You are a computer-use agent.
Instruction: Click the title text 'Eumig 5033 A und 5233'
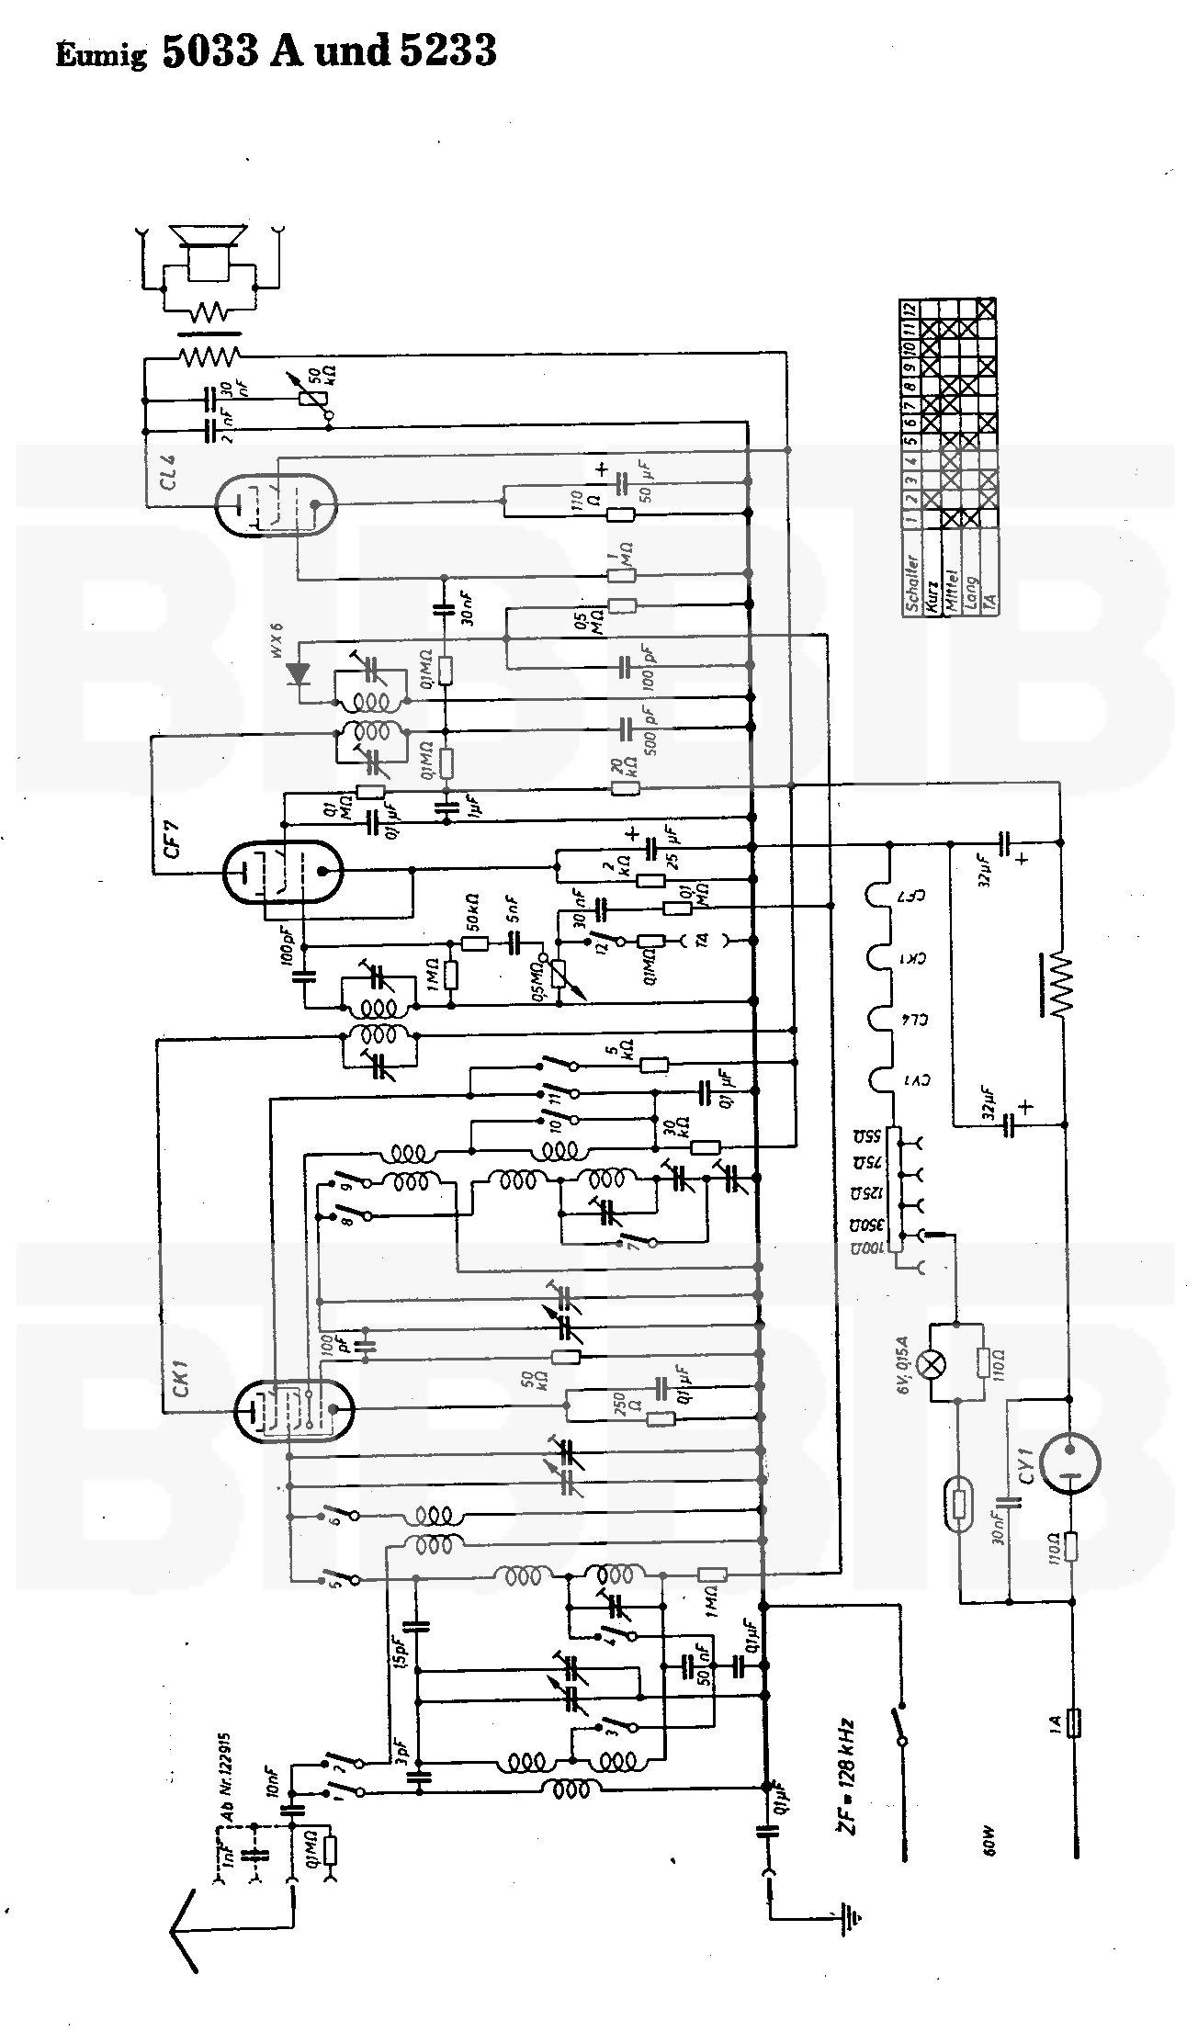(x=277, y=51)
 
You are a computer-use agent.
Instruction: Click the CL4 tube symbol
(x=275, y=504)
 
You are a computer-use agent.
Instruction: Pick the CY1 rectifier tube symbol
(x=1070, y=1463)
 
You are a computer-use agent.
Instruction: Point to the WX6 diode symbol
(x=298, y=672)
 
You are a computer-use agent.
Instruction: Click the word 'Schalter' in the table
(x=912, y=582)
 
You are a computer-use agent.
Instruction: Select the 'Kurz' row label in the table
(x=931, y=595)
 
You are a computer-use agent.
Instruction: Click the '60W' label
(x=989, y=1842)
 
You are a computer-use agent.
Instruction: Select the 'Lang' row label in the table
(x=971, y=594)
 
